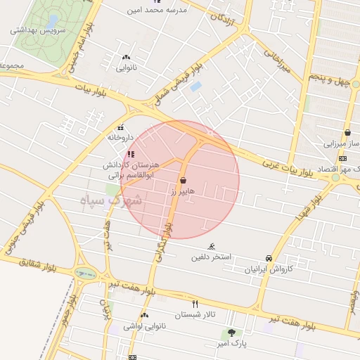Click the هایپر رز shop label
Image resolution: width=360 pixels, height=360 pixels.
pos(181,191)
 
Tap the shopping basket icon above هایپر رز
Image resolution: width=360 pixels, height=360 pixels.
pos(183,180)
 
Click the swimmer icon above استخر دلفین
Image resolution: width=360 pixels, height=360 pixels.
pos(212,246)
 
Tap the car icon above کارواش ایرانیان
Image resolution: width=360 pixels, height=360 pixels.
pos(269,258)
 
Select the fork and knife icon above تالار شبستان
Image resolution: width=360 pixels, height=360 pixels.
pos(195,304)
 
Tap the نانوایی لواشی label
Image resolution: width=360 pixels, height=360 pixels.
pos(144,326)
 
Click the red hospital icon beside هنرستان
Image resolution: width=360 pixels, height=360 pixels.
pos(131,154)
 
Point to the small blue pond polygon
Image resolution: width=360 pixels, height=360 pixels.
pos(195,86)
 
